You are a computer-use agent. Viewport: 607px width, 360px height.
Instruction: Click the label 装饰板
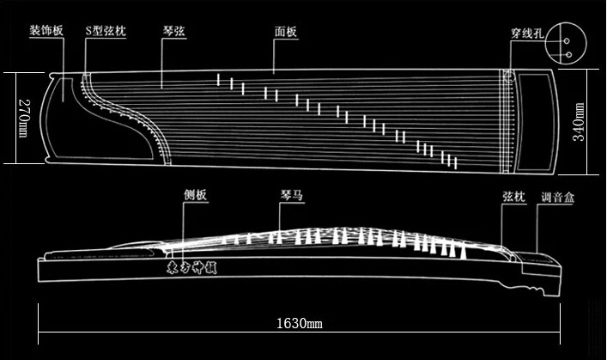pos(46,31)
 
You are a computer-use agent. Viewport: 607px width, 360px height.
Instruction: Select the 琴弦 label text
pos(173,31)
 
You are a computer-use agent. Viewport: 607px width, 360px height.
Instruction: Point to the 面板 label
pos(286,33)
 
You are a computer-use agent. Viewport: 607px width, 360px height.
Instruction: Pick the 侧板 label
pos(195,196)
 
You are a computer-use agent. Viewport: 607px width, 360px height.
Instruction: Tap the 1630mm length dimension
pos(299,324)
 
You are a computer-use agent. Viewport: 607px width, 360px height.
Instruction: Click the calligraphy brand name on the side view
pos(191,267)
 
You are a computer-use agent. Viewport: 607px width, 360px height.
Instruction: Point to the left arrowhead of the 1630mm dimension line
pos(39,325)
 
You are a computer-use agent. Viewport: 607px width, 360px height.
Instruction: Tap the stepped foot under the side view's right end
pos(541,281)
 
